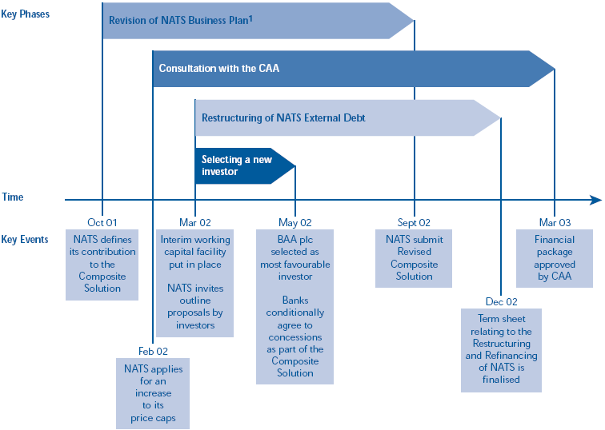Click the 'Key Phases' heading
(26, 14)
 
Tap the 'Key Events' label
(25, 239)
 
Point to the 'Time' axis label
(13, 197)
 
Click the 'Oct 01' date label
(102, 223)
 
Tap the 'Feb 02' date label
(152, 351)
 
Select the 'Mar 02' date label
(195, 223)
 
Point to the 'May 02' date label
(295, 223)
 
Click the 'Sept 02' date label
(414, 223)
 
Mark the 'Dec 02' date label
(501, 301)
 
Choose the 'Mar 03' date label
(555, 223)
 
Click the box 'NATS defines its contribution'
(102, 264)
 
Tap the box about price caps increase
(152, 393)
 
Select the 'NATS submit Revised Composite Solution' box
(414, 258)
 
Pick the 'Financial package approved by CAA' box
(555, 258)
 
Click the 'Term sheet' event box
(501, 350)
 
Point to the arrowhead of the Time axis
(595, 200)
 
